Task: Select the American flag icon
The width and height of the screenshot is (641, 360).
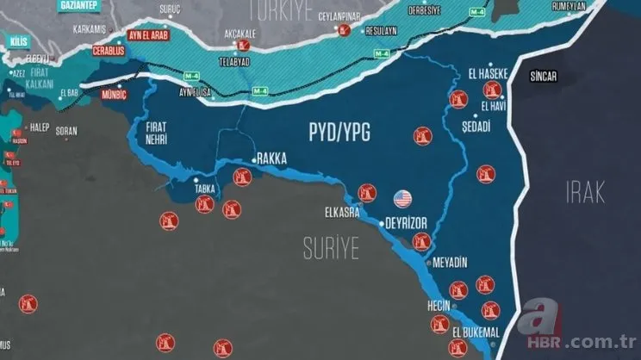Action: tap(402, 199)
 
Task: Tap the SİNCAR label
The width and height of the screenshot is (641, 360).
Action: tap(544, 77)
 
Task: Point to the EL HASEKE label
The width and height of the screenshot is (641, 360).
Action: tap(489, 74)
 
